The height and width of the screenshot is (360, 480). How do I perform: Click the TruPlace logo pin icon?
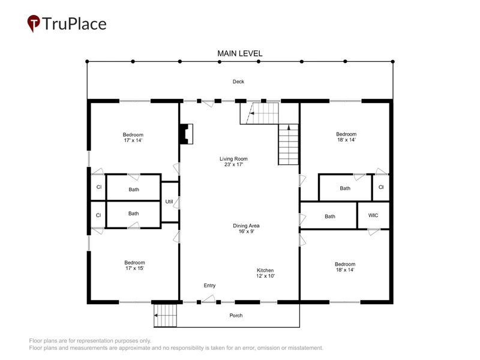pyautogui.click(x=34, y=23)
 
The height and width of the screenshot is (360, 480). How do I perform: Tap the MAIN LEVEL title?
pyautogui.click(x=239, y=53)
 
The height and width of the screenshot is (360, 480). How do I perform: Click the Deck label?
pyautogui.click(x=238, y=82)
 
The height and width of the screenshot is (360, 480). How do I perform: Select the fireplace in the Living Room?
pyautogui.click(x=186, y=134)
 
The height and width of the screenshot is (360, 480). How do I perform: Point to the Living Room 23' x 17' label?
pyautogui.click(x=233, y=161)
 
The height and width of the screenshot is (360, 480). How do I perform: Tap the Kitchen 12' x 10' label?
pyautogui.click(x=265, y=273)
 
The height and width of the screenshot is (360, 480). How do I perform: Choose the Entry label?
pyautogui.click(x=209, y=286)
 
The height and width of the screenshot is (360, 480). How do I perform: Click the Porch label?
pyautogui.click(x=236, y=316)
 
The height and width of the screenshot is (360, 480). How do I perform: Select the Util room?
pyautogui.click(x=169, y=202)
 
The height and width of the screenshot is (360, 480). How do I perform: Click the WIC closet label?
pyautogui.click(x=373, y=215)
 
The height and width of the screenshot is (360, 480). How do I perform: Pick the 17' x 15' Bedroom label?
pyautogui.click(x=134, y=265)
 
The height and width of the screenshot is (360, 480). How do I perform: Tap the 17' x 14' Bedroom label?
pyautogui.click(x=133, y=137)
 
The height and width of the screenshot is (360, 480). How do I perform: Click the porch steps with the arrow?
pyautogui.click(x=166, y=316)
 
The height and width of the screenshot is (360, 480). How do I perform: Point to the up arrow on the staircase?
pyautogui.click(x=289, y=127)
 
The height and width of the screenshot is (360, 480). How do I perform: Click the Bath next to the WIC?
pyautogui.click(x=330, y=217)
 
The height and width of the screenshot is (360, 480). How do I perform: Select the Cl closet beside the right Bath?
pyautogui.click(x=381, y=187)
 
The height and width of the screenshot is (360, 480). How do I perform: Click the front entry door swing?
pyautogui.click(x=209, y=299)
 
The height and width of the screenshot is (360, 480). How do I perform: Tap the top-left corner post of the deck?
pyautogui.click(x=87, y=62)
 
